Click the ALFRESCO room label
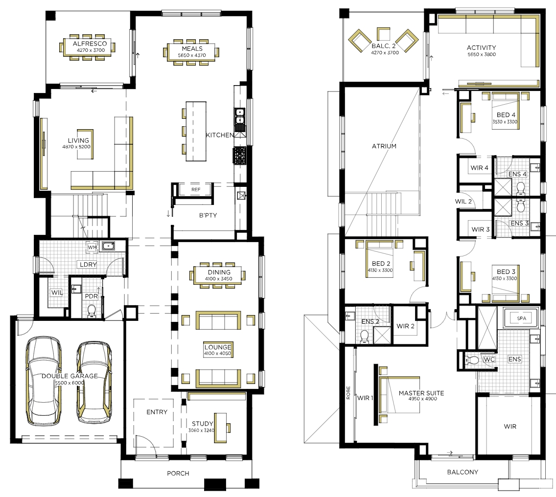pos(90,44)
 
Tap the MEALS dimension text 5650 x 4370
pos(192,55)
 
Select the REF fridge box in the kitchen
pos(196,189)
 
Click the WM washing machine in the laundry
pos(92,247)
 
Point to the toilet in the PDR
pos(92,310)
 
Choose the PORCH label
pos(178,473)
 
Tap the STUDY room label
pos(202,424)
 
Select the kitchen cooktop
pos(239,156)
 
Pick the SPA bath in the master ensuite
pos(521,318)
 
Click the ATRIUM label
pos(384,146)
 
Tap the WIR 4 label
pos(480,168)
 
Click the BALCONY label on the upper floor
pos(463,472)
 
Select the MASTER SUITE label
pos(421,393)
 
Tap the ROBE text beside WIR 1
pos(348,393)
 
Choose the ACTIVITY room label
pos(481,47)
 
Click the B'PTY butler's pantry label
pos(208,215)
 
